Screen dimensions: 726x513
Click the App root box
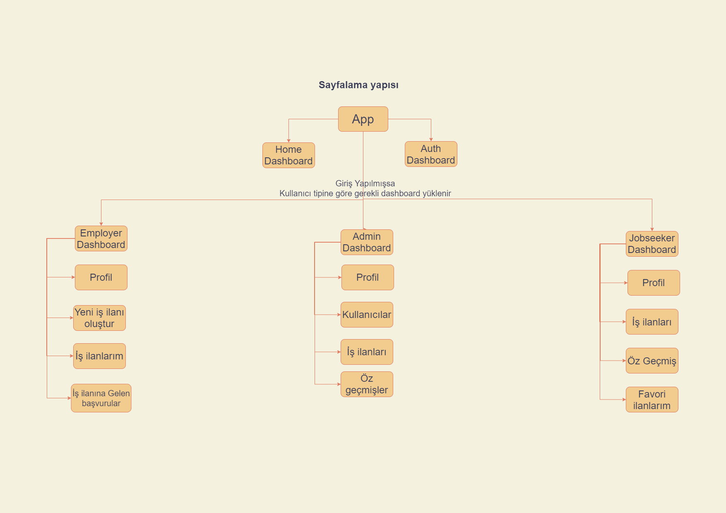363,119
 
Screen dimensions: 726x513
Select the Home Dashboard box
288,155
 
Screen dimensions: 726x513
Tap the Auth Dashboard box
431,154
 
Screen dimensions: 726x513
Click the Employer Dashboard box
101,238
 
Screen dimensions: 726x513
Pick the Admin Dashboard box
367,242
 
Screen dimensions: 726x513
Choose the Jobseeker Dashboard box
652,244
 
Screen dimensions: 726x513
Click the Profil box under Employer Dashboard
101,277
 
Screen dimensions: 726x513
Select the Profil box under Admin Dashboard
368,277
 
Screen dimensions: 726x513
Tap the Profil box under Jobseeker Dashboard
654,283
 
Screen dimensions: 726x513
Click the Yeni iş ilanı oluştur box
99,318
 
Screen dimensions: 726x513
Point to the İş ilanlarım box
99,356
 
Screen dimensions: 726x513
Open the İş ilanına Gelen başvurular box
101,398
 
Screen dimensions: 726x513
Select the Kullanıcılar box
367,315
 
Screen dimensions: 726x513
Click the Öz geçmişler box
367,384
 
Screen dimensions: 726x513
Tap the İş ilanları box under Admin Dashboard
367,352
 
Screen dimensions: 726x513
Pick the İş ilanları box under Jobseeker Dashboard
652,322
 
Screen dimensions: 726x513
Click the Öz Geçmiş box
652,361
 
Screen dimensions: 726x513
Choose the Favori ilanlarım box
652,400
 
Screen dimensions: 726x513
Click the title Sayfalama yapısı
358,85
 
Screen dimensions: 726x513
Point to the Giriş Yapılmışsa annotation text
365,183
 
